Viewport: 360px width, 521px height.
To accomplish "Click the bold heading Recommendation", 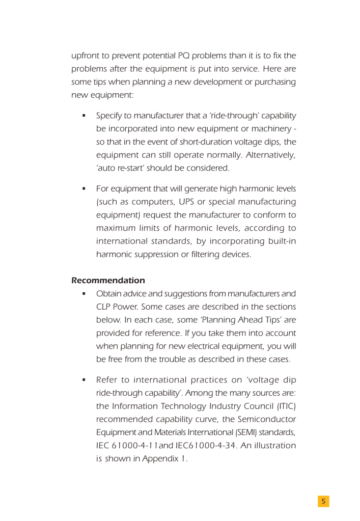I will pos(108,281).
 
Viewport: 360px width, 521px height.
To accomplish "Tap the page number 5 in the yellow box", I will pos(323,502).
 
